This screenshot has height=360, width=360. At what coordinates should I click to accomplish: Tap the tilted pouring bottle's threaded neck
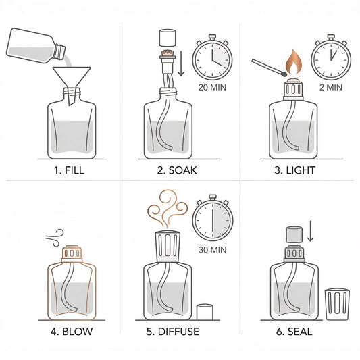59,51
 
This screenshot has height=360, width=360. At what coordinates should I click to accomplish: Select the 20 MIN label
212,88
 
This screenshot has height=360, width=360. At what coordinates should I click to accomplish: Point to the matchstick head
284,74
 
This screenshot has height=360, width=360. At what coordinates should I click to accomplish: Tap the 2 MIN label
331,88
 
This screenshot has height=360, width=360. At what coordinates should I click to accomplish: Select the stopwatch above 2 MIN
331,58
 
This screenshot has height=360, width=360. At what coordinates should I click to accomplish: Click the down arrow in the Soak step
181,63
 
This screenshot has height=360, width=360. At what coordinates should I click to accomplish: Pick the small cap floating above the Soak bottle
168,38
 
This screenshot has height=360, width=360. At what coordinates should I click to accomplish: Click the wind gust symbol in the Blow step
55,238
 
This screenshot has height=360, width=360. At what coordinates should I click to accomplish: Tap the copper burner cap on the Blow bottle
72,254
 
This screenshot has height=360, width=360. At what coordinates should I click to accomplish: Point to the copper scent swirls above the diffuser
168,208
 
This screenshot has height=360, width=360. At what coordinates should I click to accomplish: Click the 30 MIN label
213,250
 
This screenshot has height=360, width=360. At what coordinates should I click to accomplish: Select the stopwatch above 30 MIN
213,218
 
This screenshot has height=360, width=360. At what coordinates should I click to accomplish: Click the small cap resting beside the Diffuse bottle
205,312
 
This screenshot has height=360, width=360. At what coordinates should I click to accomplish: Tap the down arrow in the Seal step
310,231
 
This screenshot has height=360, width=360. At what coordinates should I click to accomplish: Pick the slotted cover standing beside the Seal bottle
337,305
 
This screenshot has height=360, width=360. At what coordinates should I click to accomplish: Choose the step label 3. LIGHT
295,170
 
